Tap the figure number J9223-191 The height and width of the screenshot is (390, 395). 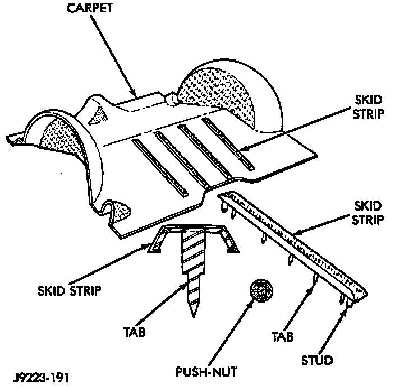coord(39,377)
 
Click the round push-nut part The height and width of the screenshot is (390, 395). coord(261,292)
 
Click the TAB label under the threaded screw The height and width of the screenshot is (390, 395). coord(135,332)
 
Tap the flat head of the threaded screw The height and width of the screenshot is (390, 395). coord(193,230)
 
